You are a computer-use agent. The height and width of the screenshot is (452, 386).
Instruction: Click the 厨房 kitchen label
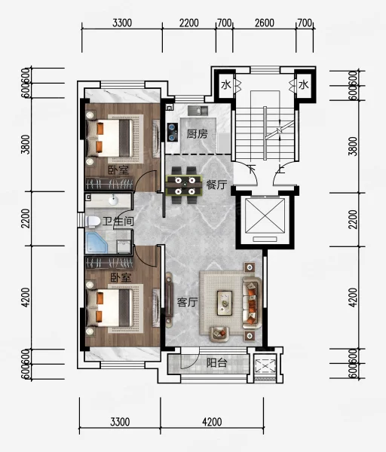point(197,134)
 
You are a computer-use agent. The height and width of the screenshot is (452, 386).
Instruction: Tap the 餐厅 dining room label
point(216,185)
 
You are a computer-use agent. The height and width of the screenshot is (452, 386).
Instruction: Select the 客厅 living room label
point(187,302)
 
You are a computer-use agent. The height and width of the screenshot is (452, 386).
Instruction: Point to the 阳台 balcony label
point(217,362)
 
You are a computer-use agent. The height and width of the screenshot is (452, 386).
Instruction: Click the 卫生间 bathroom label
point(118,221)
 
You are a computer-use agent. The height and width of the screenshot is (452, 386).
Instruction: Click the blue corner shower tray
point(96,243)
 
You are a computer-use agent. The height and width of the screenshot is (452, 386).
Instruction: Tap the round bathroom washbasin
point(113,200)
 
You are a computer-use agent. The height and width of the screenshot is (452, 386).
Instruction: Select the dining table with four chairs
point(184,185)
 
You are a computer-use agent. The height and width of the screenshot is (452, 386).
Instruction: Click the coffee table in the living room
point(225,303)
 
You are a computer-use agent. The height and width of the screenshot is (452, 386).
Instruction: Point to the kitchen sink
point(198,111)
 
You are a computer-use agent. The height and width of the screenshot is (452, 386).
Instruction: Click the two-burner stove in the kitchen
point(173,133)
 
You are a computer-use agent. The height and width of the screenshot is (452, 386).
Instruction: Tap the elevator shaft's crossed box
point(265,215)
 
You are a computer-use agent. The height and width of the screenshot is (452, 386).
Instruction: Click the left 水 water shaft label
point(226,85)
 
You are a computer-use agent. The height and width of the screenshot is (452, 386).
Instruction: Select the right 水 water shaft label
point(304,85)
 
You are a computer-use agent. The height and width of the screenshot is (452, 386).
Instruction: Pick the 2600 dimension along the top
point(265,23)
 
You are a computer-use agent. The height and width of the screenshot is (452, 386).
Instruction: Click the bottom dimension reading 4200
point(212,422)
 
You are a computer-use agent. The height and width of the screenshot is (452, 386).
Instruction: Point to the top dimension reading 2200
point(189,23)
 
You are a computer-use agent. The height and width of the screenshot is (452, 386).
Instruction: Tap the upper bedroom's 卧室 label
point(118,169)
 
